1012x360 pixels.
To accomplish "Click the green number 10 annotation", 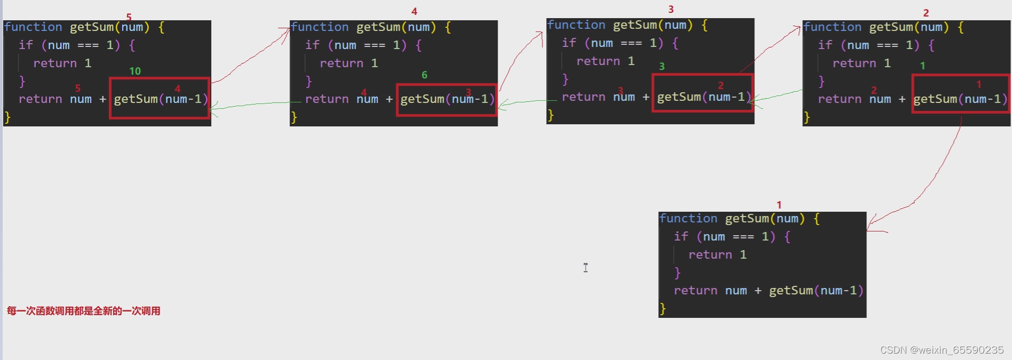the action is click(135, 71).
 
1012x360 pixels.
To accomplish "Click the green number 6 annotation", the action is click(425, 75).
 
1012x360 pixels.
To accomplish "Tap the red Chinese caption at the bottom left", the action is click(84, 311).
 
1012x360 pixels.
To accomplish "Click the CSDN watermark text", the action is click(942, 350).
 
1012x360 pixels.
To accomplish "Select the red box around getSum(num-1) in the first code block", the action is click(160, 98).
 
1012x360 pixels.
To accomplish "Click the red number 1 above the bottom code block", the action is click(779, 205).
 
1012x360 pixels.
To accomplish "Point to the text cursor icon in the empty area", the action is click(586, 268).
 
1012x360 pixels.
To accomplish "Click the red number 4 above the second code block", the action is click(415, 11).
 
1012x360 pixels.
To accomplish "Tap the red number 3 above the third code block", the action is click(671, 10).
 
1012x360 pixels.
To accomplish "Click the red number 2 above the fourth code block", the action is click(926, 13).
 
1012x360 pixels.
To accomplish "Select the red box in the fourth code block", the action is click(960, 94).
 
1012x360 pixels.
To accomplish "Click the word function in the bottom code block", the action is click(688, 219).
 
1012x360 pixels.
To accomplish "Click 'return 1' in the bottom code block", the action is click(717, 255).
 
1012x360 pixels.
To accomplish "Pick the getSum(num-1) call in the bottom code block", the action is click(816, 291).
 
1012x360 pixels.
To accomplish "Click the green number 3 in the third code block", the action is click(662, 66).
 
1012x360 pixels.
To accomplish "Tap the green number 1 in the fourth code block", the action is click(923, 66).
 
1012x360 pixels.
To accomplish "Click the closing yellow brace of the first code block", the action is click(7, 117).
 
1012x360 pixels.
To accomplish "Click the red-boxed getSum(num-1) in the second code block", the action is click(447, 99).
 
